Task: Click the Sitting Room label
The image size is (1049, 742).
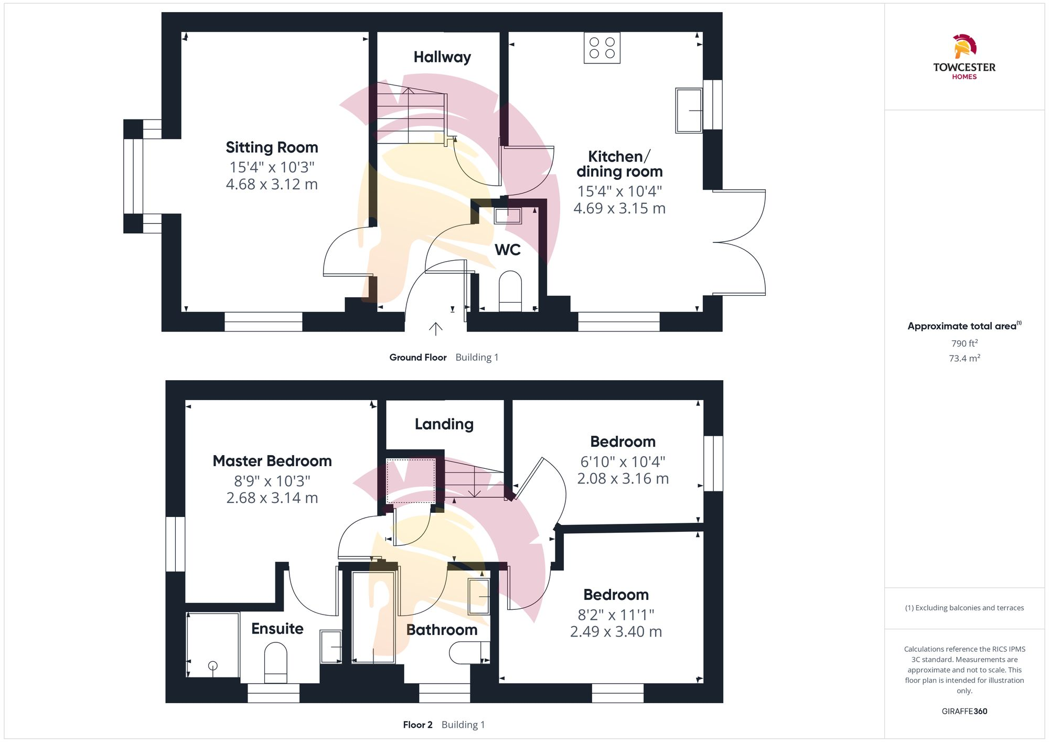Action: (272, 147)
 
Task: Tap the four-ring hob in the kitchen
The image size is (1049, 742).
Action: (602, 48)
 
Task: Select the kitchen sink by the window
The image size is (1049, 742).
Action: (689, 111)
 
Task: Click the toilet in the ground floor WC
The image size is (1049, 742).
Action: (510, 291)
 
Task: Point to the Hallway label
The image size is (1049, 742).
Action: (442, 57)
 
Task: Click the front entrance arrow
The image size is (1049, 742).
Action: (435, 328)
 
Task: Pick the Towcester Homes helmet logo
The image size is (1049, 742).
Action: (964, 47)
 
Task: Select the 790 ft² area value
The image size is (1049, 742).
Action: (964, 343)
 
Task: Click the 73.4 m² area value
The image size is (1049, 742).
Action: (964, 359)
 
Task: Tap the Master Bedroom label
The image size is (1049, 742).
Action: (272, 461)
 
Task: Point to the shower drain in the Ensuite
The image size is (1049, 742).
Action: (212, 666)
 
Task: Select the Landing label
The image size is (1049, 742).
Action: (444, 424)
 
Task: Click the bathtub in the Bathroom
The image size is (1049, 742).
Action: (373, 617)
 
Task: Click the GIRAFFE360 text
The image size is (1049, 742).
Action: (964, 712)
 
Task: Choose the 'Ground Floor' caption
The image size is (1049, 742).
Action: (418, 358)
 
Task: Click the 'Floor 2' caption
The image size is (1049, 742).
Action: (418, 725)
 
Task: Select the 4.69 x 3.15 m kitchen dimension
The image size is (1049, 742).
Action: (619, 209)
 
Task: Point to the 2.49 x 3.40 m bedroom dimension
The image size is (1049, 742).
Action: (616, 632)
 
